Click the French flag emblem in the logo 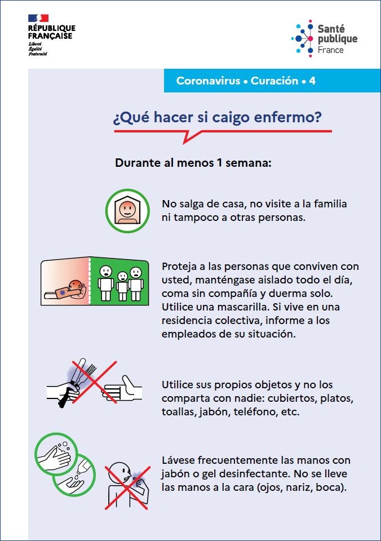(38, 18)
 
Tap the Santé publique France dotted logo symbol (303, 38)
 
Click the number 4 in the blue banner (312, 81)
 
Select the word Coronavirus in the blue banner (208, 81)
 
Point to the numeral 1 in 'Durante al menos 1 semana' (219, 162)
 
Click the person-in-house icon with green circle (127, 210)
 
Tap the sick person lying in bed (65, 290)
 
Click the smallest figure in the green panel (122, 286)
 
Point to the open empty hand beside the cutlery (122, 389)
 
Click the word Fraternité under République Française (38, 54)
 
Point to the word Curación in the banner (274, 81)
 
